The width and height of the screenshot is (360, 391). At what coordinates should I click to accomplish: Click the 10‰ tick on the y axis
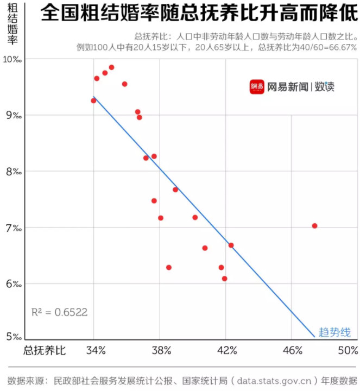pos(12,59)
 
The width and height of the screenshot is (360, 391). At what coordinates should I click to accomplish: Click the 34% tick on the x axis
pos(96,350)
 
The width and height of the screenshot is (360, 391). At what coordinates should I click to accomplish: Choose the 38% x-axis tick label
pos(161,350)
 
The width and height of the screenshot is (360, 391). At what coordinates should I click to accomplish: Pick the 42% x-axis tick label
pos(226,350)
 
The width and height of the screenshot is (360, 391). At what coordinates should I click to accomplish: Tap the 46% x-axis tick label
pos(292,350)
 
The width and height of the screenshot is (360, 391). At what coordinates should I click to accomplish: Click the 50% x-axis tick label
pos(348,350)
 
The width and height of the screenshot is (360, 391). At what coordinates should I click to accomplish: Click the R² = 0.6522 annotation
pos(59,312)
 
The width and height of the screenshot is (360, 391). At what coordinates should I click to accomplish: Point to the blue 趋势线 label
pos(334,332)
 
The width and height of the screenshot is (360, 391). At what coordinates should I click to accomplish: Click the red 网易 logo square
pos(257,87)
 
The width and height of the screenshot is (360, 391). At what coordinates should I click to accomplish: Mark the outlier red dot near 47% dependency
pos(314,226)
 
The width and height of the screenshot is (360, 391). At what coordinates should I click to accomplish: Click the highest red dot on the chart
pos(111,67)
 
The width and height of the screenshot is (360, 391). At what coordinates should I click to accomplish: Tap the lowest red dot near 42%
pos(224,279)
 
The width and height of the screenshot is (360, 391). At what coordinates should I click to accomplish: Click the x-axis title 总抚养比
pos(44,350)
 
